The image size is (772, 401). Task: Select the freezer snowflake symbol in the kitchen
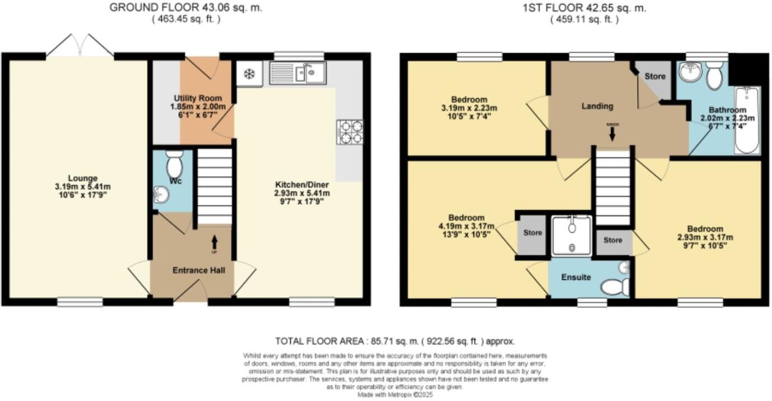click(x=249, y=73)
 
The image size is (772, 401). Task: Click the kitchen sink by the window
click(x=297, y=73)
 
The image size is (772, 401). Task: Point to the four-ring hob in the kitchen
click(x=350, y=132)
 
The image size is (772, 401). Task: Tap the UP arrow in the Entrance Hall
click(x=215, y=242)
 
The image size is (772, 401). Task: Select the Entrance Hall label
click(x=199, y=271)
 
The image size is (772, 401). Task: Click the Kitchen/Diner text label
click(x=301, y=185)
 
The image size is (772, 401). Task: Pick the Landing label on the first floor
click(x=597, y=106)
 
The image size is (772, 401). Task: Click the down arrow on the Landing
click(x=612, y=133)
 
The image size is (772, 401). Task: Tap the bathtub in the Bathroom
click(x=747, y=120)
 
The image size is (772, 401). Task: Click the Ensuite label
click(x=576, y=277)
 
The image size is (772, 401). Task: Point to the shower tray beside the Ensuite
click(x=571, y=236)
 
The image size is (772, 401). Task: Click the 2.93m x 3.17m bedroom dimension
click(x=705, y=237)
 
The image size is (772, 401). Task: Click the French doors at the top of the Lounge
click(x=80, y=46)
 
